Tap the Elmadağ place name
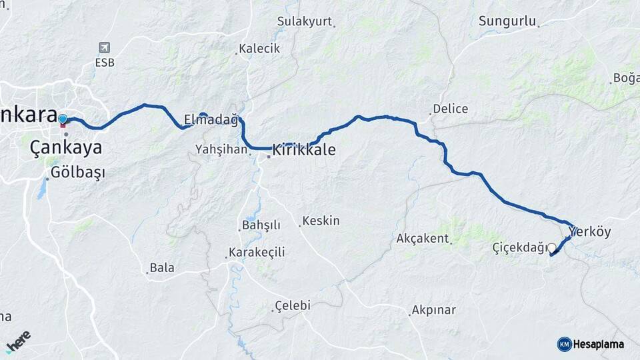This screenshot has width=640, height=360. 211,121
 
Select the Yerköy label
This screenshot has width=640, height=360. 590,232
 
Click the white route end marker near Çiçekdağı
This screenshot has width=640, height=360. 551,247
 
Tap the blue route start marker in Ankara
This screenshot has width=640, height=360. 63,119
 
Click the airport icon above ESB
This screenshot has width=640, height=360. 104,48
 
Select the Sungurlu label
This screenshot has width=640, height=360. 507,21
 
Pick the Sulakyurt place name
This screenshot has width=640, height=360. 304,21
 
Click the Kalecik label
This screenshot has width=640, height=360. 259,49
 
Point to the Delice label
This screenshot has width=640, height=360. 450,109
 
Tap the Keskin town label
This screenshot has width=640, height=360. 321,221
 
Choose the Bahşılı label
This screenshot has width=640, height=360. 261,225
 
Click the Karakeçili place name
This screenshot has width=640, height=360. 257,253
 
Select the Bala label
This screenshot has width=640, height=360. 162,268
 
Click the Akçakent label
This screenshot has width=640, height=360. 423,238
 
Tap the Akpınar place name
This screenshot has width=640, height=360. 433,310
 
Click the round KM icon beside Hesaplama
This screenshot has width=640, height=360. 564,344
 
